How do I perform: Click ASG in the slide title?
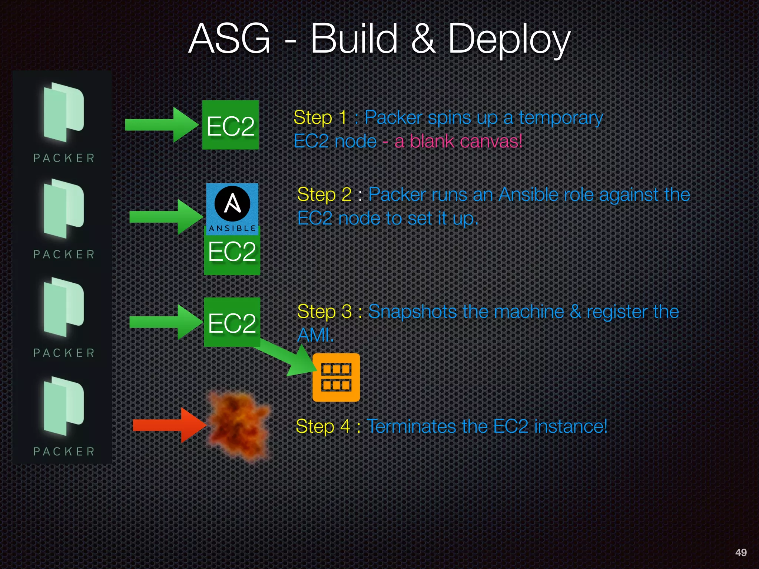tap(229, 39)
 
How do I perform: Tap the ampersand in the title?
tap(422, 39)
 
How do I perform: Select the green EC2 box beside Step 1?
tap(230, 125)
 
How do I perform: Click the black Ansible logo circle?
tap(232, 204)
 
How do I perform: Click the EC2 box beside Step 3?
tap(232, 322)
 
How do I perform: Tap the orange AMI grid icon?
tap(336, 377)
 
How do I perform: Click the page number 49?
tap(740, 552)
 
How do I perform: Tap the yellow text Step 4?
tap(323, 426)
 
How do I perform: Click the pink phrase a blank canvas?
tap(458, 141)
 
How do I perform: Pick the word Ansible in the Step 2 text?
tap(528, 195)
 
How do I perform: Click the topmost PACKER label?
tap(64, 158)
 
